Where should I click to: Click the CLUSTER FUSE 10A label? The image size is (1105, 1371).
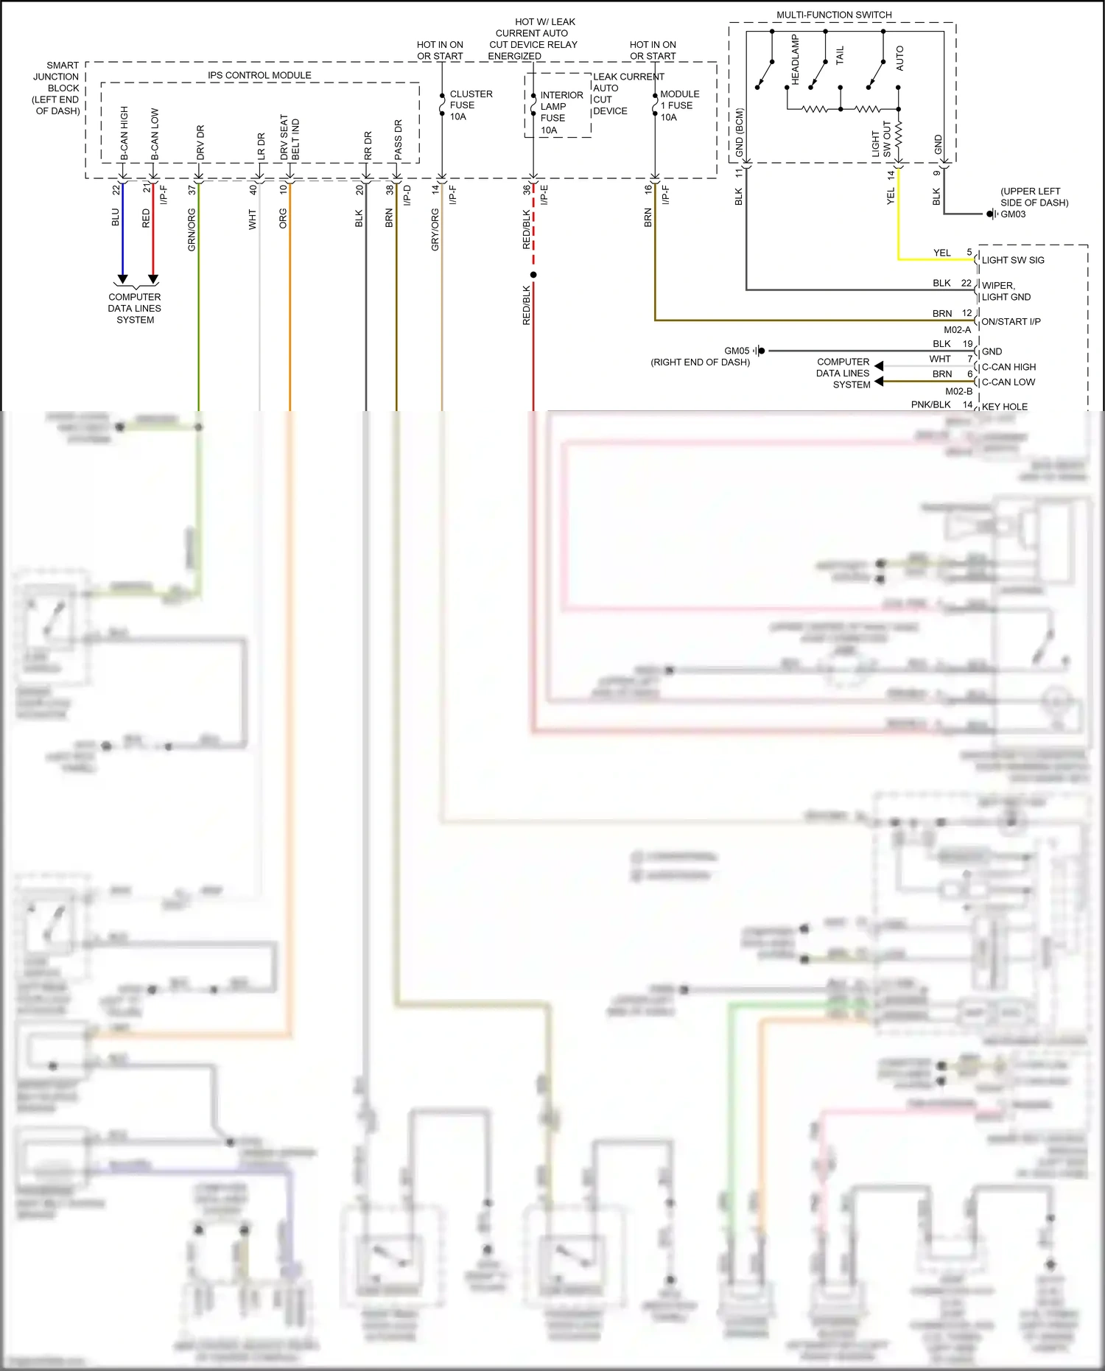pyautogui.click(x=471, y=105)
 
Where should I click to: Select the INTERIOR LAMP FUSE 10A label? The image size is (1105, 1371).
pyautogui.click(x=561, y=112)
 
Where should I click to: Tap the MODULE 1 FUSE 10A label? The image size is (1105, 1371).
pyautogui.click(x=679, y=105)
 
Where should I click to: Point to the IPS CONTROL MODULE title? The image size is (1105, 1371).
pyautogui.click(x=259, y=75)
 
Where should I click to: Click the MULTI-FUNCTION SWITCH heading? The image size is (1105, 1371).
pyautogui.click(x=834, y=15)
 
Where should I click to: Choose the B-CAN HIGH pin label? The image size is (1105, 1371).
pyautogui.click(x=124, y=133)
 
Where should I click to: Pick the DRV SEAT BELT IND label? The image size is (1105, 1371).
pyautogui.click(x=290, y=138)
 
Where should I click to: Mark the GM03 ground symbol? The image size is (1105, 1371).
pyautogui.click(x=992, y=214)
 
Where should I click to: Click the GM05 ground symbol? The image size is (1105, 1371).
pyautogui.click(x=760, y=351)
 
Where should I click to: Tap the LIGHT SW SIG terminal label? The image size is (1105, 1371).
pyautogui.click(x=1012, y=260)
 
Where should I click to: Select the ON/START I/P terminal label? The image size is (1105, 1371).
pyautogui.click(x=1011, y=322)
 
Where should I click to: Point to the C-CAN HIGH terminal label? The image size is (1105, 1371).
pyautogui.click(x=1008, y=367)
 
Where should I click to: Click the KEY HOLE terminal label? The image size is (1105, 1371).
pyautogui.click(x=1004, y=407)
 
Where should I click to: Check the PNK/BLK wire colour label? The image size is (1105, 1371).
pyautogui.click(x=930, y=404)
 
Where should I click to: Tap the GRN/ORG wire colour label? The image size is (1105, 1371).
pyautogui.click(x=192, y=230)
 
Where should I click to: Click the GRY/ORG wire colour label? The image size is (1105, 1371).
pyautogui.click(x=435, y=230)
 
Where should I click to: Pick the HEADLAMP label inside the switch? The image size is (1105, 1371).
pyautogui.click(x=796, y=59)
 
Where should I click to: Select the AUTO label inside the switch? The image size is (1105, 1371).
pyautogui.click(x=899, y=58)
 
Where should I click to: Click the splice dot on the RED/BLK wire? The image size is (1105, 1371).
pyautogui.click(x=533, y=275)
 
